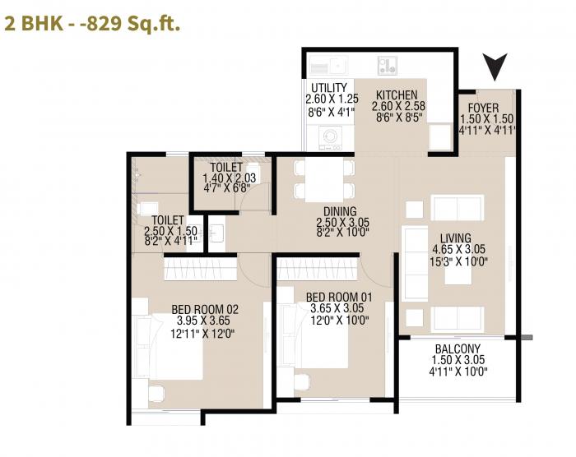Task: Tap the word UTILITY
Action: [329, 88]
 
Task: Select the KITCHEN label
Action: [396, 95]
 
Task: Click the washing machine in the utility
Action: [330, 136]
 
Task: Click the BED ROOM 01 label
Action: [338, 297]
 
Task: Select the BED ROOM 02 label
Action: [205, 309]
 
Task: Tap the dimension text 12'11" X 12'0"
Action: [205, 334]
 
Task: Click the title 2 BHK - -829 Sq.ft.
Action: [92, 23]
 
